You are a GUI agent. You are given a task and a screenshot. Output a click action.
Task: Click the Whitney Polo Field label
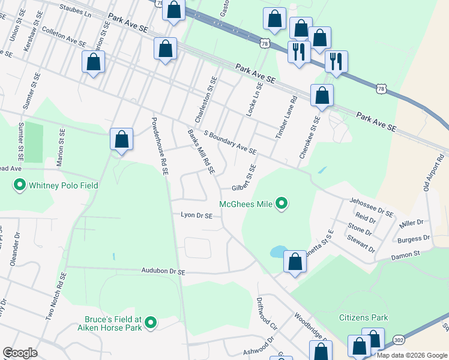pos(56,185)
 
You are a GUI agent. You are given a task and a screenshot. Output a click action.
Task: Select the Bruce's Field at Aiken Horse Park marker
pos(151,323)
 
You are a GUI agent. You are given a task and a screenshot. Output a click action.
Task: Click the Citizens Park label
pos(363,317)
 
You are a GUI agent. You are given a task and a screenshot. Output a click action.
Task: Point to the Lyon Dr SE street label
pos(197,215)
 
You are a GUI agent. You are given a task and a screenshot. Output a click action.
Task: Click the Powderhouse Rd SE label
pos(160,146)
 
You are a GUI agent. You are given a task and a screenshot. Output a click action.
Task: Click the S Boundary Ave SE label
pos(230,142)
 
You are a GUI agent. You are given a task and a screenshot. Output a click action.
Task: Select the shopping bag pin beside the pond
pos(295,262)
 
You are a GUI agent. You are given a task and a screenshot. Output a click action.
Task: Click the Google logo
pos(20,353)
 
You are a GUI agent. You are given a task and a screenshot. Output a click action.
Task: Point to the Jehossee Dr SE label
pos(372,208)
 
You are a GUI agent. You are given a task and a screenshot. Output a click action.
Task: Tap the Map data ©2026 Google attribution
pos(412,355)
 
